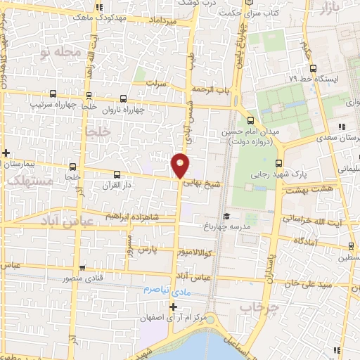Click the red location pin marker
pos(181,165)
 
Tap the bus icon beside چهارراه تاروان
pos(124,99)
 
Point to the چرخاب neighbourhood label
pos(259,307)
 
